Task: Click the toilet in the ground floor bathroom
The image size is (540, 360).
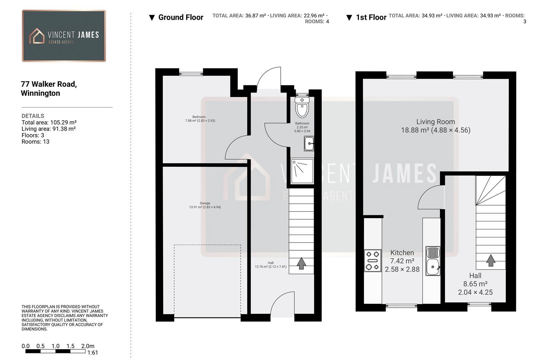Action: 302,107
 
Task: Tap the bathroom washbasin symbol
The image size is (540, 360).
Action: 309,144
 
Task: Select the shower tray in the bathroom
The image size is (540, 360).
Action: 302,171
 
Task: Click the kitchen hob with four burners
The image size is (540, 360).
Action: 373,260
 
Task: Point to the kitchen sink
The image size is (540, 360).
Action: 433,261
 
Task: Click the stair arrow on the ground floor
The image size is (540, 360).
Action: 301,263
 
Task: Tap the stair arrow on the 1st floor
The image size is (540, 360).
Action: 490,260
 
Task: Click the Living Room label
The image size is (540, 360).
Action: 435,122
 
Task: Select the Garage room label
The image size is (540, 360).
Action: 205,203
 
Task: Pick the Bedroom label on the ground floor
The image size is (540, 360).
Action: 199,117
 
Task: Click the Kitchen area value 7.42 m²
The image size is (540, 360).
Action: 402,261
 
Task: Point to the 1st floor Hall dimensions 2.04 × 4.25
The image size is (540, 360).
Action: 475,292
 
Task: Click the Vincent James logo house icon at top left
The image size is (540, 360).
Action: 37,36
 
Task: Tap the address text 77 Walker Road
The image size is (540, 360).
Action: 49,84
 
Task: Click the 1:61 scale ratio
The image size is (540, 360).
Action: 93,353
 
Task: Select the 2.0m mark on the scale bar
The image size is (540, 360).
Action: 88,346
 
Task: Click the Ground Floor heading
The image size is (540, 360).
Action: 180,17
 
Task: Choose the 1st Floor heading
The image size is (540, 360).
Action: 371,17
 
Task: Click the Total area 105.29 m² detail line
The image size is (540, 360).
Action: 49,122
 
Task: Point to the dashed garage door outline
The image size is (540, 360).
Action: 207,245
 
